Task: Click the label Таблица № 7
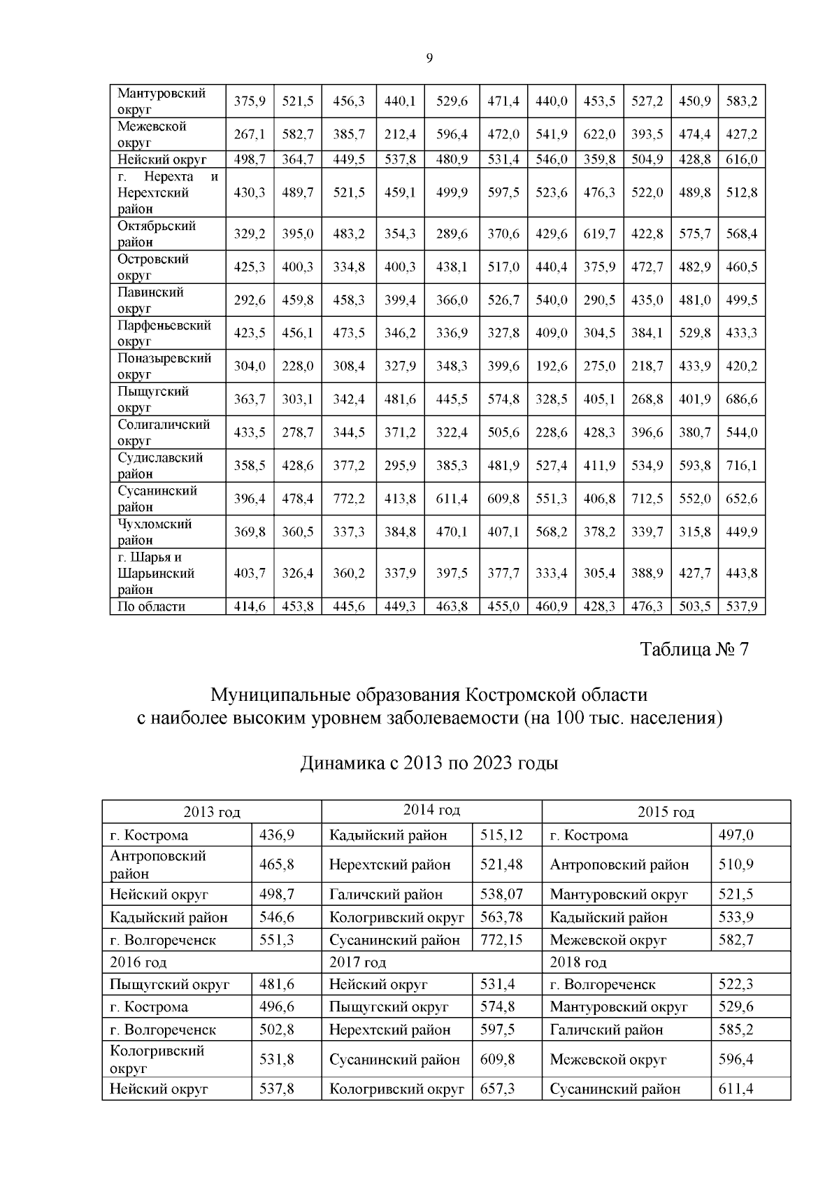[x=694, y=649]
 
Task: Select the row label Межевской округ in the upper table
[x=152, y=134]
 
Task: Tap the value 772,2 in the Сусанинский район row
[x=348, y=499]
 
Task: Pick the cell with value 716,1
[x=741, y=466]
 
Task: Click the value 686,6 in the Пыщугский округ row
[x=741, y=399]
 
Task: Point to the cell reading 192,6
[x=551, y=366]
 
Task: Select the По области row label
[x=152, y=606]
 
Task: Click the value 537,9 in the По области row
[x=741, y=606]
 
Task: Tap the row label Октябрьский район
[x=157, y=234]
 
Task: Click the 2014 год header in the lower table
[x=431, y=810]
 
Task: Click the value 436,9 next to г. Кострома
[x=277, y=835]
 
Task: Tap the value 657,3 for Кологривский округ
[x=497, y=1088]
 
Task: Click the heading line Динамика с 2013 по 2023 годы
[x=429, y=762]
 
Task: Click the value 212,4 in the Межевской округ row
[x=400, y=134]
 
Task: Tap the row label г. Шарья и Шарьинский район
[x=155, y=573]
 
